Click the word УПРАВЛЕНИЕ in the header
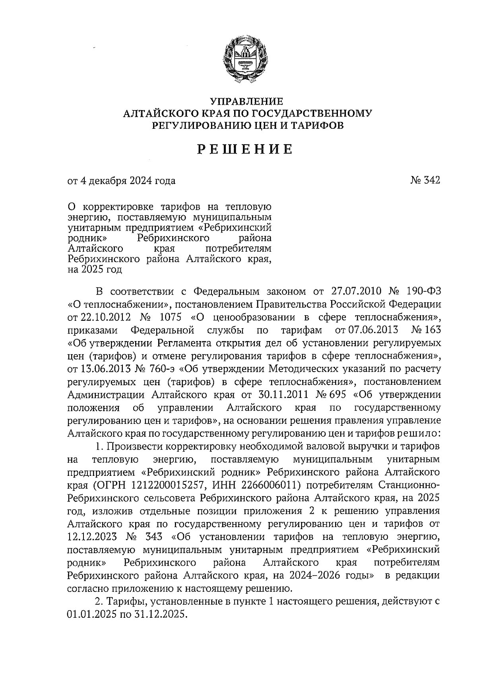coord(246,102)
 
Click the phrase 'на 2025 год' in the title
coord(94,270)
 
